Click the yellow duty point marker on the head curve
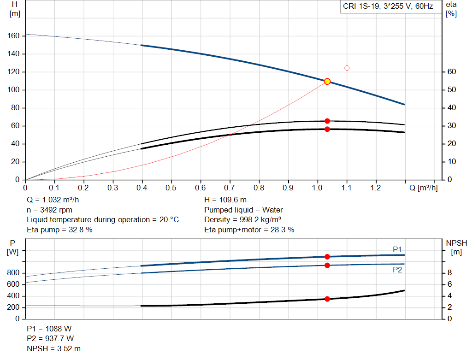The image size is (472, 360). (x=327, y=81)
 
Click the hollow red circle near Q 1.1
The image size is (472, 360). (x=347, y=68)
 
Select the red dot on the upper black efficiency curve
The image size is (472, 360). (x=327, y=121)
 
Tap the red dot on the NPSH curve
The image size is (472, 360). (x=327, y=299)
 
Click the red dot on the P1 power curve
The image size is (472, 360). (x=327, y=257)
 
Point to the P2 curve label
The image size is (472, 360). (x=397, y=270)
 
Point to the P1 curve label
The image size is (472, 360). (x=397, y=249)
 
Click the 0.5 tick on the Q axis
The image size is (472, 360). (x=171, y=188)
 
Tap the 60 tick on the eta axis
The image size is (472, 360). (x=451, y=72)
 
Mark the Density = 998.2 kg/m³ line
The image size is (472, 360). (x=242, y=219)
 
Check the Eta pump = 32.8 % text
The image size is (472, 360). (x=59, y=230)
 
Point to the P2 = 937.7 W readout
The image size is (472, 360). (x=50, y=339)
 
